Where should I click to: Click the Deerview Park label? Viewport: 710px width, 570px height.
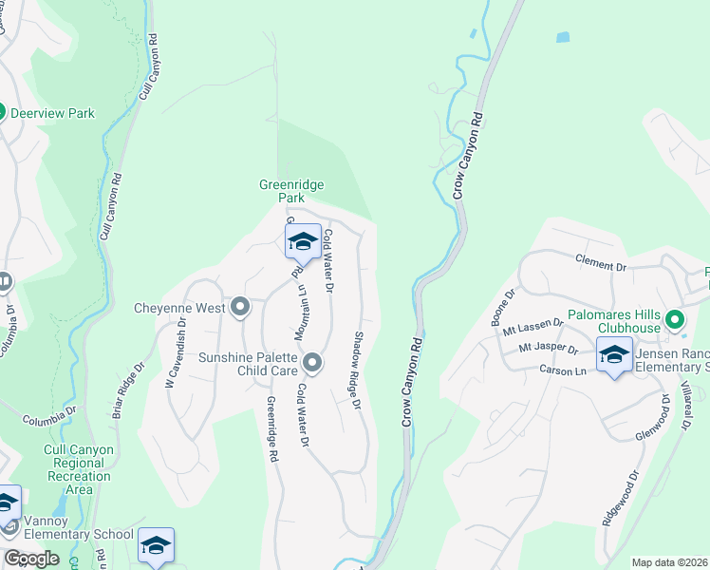point(52,113)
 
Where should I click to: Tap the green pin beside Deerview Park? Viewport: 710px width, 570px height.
point(2,112)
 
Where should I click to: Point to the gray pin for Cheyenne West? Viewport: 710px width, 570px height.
point(239,307)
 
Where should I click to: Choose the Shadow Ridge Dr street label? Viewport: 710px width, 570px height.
point(359,370)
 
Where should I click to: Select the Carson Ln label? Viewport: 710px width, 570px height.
point(559,370)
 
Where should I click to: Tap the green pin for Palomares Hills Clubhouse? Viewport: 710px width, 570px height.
point(674,318)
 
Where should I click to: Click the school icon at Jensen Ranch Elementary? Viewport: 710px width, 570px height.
point(614,355)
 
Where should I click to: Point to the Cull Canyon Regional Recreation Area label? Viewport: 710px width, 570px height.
point(79,469)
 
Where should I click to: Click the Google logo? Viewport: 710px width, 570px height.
point(31,558)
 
